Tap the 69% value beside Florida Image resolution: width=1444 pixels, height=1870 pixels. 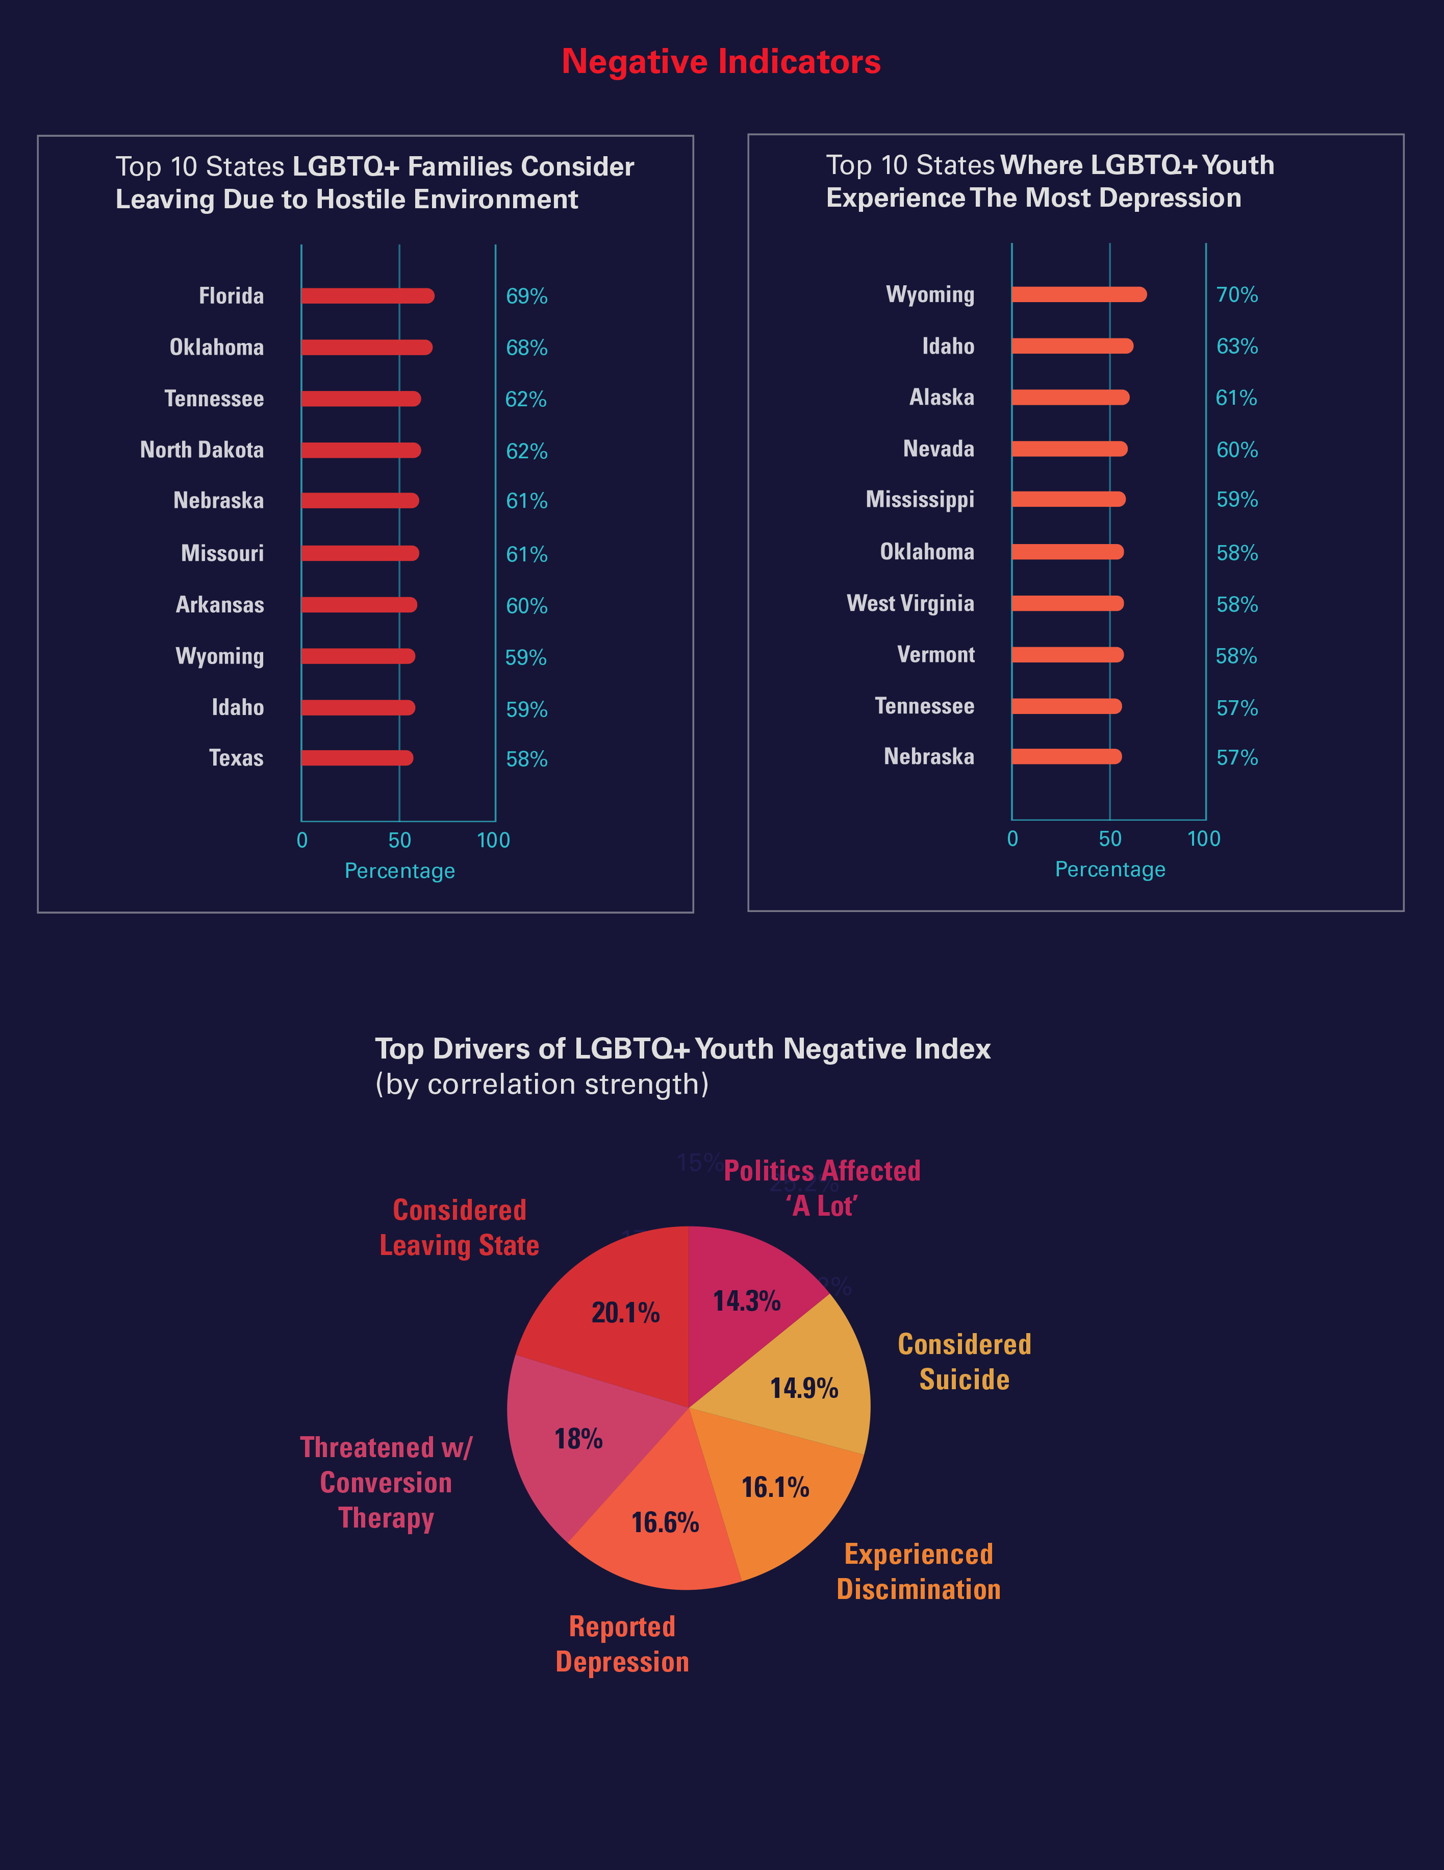tap(526, 296)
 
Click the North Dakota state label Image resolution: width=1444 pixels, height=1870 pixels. tap(202, 450)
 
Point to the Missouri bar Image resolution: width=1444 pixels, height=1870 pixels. tap(360, 554)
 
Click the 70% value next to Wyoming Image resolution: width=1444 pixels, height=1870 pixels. tap(1237, 294)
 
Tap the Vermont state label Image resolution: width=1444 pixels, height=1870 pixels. tap(935, 655)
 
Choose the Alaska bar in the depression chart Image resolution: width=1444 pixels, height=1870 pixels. tap(1070, 397)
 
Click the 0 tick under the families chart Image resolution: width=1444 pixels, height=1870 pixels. tap(302, 841)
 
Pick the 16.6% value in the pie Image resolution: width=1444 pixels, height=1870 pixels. tap(665, 1522)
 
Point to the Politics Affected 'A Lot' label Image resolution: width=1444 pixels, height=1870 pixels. tap(822, 1188)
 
